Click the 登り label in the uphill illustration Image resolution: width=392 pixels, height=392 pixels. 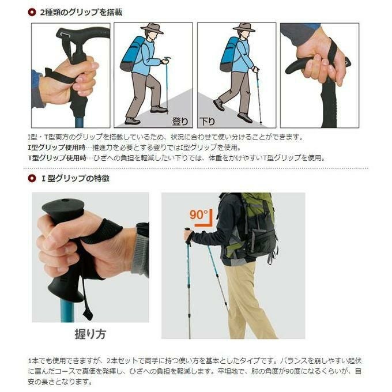click(x=180, y=121)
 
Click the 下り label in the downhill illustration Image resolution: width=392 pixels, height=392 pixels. click(x=208, y=122)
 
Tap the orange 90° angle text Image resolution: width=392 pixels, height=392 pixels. click(x=198, y=214)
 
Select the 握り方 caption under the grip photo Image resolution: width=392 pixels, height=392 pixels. click(x=91, y=334)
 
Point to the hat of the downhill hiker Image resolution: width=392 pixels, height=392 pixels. click(x=244, y=27)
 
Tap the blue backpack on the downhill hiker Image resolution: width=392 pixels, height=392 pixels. click(x=230, y=54)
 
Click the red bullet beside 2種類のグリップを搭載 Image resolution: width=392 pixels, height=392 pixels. click(x=32, y=12)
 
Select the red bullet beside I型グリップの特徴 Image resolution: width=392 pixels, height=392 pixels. click(x=32, y=178)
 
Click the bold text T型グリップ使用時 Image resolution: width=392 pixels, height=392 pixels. click(x=57, y=158)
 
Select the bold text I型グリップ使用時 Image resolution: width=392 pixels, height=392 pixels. click(x=56, y=147)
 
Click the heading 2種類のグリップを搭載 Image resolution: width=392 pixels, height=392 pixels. click(x=81, y=12)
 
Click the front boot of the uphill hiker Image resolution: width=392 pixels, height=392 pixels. click(x=159, y=109)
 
